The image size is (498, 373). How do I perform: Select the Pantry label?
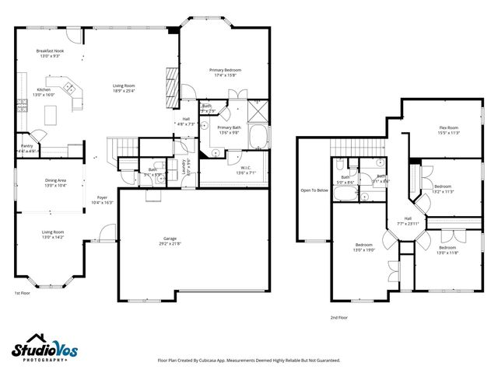point(26,145)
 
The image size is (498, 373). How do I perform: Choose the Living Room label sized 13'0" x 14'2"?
point(53,232)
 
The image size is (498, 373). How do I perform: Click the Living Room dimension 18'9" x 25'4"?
point(124,91)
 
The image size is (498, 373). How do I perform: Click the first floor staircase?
point(120,146)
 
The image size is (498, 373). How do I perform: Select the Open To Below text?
point(314,190)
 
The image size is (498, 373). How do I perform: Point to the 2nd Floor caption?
point(339,318)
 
